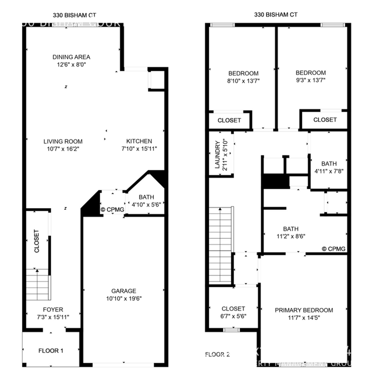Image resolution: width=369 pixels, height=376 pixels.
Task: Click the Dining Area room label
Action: pos(72,57)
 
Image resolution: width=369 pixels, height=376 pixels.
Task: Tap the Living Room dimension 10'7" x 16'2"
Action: pos(64,149)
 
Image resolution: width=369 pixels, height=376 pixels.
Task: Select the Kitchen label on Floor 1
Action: pos(139,141)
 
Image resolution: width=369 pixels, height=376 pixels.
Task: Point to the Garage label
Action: pos(123,290)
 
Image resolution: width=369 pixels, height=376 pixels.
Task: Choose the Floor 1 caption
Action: pos(51,350)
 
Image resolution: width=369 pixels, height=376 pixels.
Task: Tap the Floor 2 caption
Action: pos(217,354)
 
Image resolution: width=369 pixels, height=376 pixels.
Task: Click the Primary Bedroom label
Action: pos(304,310)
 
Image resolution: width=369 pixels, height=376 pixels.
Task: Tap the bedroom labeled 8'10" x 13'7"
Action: pos(243,77)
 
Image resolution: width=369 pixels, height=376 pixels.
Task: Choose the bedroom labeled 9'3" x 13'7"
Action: pos(311,77)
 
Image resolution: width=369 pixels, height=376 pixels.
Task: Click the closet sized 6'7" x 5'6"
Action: pos(233,312)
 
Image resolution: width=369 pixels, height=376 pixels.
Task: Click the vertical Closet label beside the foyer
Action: pos(37,240)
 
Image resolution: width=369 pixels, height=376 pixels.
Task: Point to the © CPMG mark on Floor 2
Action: pos(334,248)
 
